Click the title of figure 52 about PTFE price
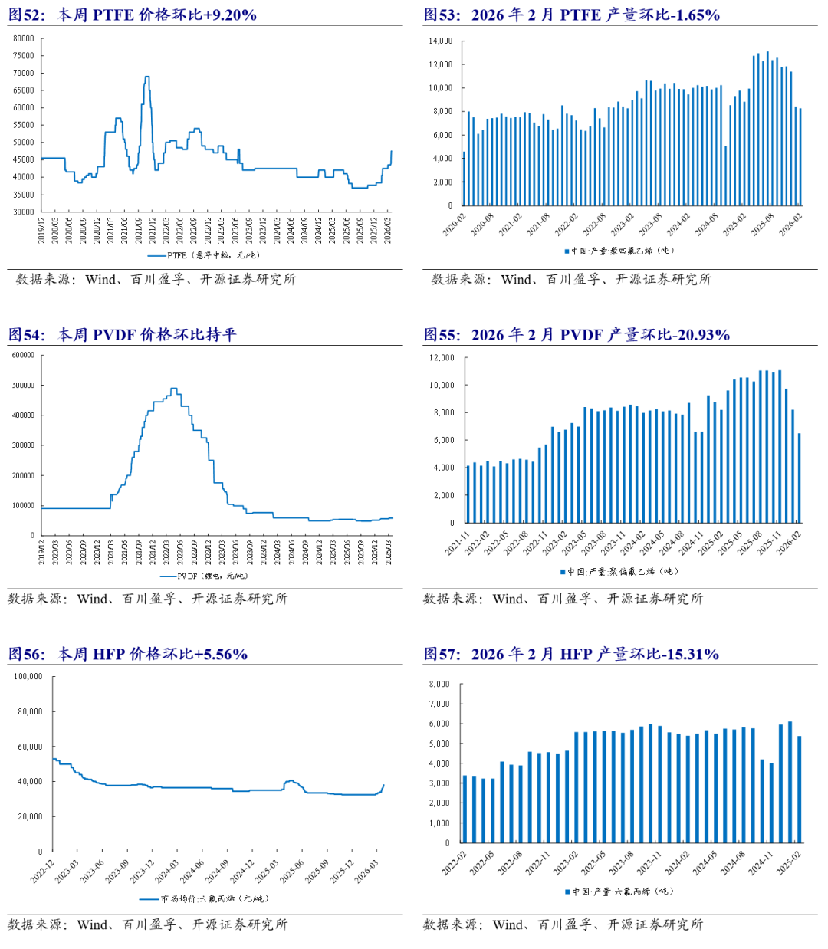coord(133,15)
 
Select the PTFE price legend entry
coord(203,255)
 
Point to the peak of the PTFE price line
coord(146,77)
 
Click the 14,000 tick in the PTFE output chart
coord(440,41)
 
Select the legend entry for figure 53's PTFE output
coord(619,251)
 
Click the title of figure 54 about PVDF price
coord(123,334)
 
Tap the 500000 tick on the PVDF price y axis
coord(23,386)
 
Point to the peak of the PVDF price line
coord(174,389)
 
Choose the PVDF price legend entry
coord(203,576)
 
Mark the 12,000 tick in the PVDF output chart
coord(442,358)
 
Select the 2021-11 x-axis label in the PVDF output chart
coord(458,542)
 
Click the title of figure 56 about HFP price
coord(128,654)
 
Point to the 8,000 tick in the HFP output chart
coord(439,684)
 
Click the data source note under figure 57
coord(563,924)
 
